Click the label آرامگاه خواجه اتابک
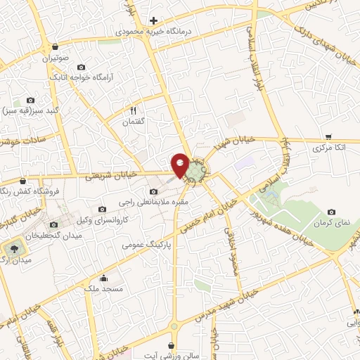point(82,75)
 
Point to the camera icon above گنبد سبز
point(30,100)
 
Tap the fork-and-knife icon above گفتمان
point(131,110)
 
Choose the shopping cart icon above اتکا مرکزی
point(328,137)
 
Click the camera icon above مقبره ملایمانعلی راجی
point(154,191)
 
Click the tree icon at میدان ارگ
point(13,250)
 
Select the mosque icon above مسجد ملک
point(104,277)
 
